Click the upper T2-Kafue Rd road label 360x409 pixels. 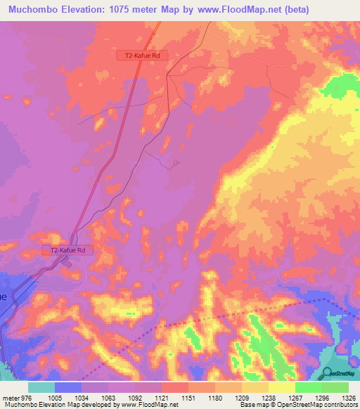pos(141,56)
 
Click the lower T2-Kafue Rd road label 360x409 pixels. pos(67,249)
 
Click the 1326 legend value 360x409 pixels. pos(340,397)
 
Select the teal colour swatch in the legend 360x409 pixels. pos(41,387)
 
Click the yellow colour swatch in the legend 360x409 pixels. pos(281,387)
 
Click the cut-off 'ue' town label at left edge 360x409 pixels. pos(4,296)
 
